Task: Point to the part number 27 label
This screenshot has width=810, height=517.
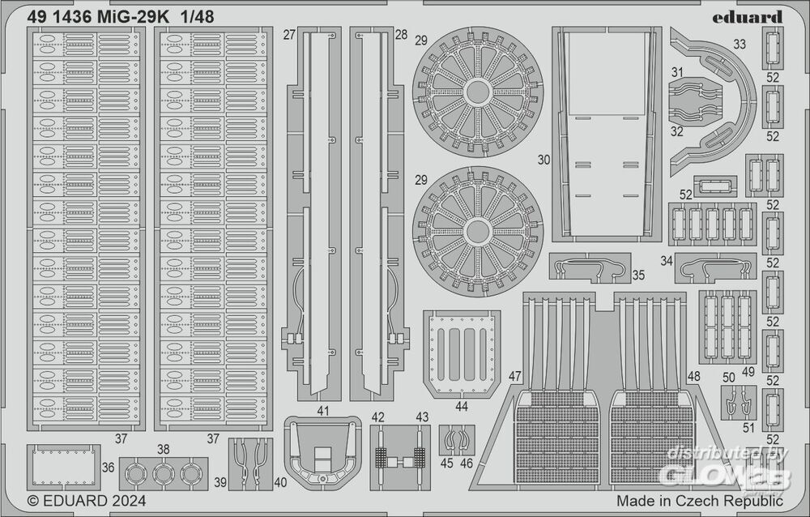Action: [x=289, y=36]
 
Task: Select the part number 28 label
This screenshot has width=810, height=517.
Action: [x=401, y=36]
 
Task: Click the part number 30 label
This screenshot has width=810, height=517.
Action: [x=544, y=161]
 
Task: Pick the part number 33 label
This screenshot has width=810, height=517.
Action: [x=739, y=45]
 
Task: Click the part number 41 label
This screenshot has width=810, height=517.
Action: [x=323, y=411]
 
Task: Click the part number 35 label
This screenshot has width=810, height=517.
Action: [x=638, y=276]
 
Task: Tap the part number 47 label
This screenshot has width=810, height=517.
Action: [x=516, y=376]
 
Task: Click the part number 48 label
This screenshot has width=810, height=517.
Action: [x=693, y=376]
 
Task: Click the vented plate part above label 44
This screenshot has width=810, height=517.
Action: [x=463, y=352]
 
